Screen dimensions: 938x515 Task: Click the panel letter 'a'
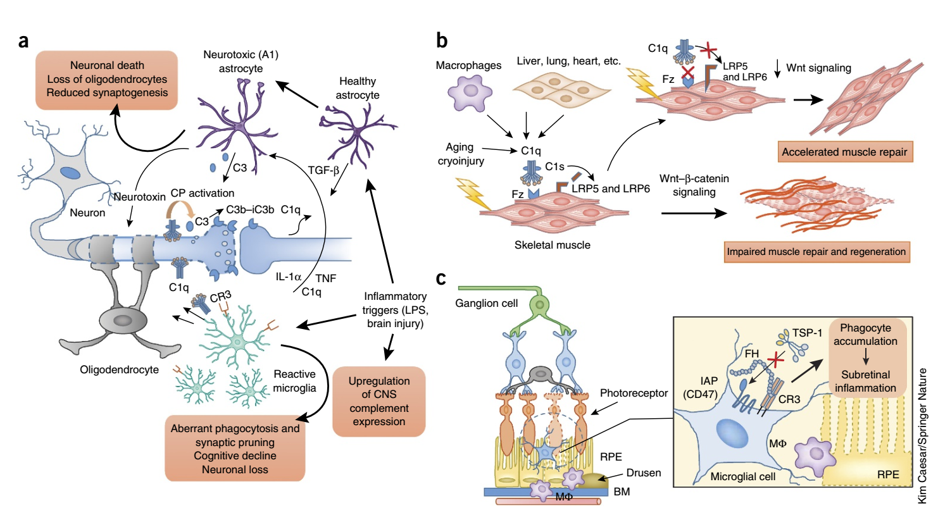point(23,42)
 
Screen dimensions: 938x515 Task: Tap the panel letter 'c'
point(441,278)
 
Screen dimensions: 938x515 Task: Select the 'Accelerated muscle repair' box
point(844,152)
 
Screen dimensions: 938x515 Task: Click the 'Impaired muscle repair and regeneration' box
point(816,252)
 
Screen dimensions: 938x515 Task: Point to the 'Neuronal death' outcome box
point(107,80)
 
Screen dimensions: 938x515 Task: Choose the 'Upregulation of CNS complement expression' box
point(379,401)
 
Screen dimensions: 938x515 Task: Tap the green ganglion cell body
point(539,304)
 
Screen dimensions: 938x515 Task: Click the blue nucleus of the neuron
point(70,173)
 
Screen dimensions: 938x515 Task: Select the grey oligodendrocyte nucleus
point(123,321)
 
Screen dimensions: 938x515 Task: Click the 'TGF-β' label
point(323,170)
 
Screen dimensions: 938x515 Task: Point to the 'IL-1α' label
point(289,276)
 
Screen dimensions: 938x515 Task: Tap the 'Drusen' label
point(644,473)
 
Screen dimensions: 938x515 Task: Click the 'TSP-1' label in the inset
point(807,333)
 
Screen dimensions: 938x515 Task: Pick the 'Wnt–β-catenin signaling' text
point(694,185)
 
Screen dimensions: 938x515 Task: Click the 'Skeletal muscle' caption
point(553,245)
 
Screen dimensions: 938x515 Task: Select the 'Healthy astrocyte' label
point(358,88)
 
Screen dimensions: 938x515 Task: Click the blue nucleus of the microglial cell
point(732,434)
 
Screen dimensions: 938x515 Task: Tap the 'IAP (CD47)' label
point(700,387)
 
